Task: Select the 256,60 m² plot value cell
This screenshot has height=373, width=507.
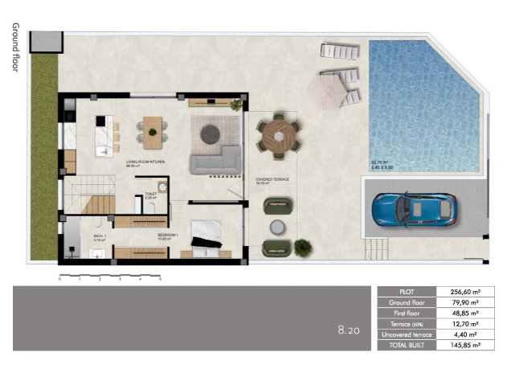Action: click(459, 292)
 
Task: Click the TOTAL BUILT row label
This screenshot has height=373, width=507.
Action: click(406, 345)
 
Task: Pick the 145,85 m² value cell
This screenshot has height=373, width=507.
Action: click(459, 345)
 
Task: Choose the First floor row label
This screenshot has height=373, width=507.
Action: click(406, 313)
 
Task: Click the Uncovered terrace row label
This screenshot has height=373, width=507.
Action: click(406, 334)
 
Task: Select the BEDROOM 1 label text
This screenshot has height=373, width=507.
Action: click(167, 235)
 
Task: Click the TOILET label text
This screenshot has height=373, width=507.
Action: click(149, 194)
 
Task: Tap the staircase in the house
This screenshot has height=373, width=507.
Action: click(90, 194)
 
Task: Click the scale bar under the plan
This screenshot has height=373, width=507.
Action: click(110, 277)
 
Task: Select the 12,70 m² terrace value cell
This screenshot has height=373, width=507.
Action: click(459, 324)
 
